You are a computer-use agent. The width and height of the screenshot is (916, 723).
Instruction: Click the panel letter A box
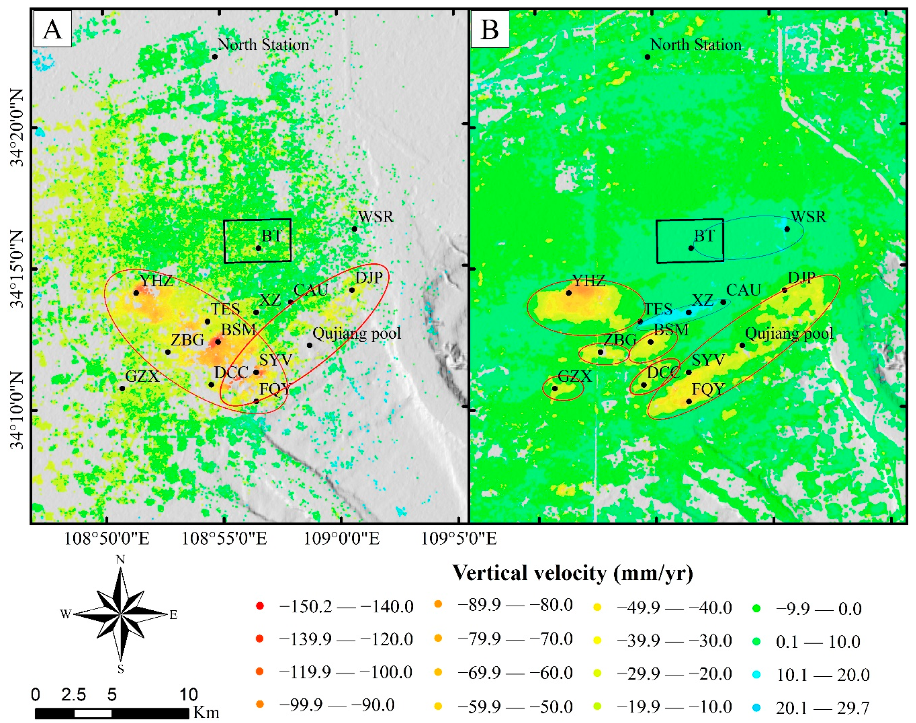[52, 29]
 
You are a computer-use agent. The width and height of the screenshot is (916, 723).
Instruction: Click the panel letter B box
[490, 29]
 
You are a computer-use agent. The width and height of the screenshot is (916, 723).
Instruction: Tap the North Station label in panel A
[263, 45]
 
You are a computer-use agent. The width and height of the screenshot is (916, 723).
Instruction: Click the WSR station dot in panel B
[787, 229]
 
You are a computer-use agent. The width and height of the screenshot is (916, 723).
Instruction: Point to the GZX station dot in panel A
[122, 388]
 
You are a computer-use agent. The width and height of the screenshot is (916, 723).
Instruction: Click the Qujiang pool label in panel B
[789, 334]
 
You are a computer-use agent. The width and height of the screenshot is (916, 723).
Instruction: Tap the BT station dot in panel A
[258, 248]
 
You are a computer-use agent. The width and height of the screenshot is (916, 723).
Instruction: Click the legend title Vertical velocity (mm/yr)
[573, 573]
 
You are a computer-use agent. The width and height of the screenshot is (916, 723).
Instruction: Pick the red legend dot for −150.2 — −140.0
[260, 606]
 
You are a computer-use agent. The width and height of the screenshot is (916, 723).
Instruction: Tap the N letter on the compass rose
[121, 560]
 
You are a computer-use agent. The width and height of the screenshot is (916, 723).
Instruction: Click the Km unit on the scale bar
[206, 712]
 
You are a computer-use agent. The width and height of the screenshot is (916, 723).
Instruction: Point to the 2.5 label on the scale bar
[74, 695]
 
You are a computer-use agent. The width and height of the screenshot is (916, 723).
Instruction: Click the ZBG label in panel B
[620, 340]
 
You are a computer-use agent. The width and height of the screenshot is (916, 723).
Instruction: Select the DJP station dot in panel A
[352, 290]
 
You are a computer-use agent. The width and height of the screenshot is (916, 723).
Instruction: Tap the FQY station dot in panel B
[689, 401]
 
